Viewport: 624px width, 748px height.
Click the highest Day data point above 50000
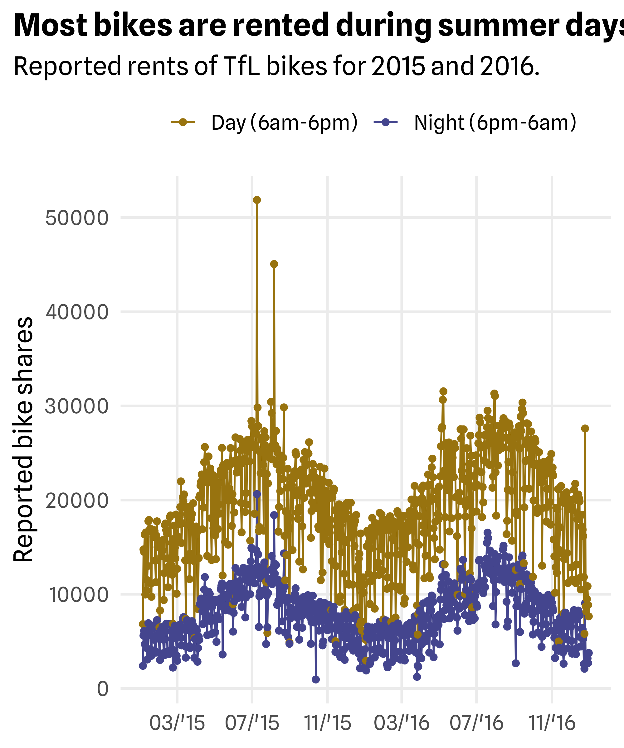click(257, 200)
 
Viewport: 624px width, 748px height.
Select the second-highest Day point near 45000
click(274, 264)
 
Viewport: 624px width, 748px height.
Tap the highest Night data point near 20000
click(257, 494)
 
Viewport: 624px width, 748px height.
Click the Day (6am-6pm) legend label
click(284, 123)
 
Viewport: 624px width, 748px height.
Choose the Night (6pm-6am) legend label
click(495, 123)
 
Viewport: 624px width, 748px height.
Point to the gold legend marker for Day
click(183, 122)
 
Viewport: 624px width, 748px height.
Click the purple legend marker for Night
click(385, 122)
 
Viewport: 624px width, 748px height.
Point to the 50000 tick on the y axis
click(77, 218)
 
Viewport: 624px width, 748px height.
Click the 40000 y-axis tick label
click(77, 312)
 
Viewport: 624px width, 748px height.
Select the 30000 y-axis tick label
click(77, 406)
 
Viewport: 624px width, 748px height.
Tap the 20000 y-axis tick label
click(77, 501)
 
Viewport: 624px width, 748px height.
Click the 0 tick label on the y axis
click(103, 689)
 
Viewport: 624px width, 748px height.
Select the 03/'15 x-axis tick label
click(177, 723)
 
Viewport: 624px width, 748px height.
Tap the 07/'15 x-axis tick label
click(252, 723)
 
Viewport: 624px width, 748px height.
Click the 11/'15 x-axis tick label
click(327, 723)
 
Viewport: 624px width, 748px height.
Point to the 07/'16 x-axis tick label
click(476, 723)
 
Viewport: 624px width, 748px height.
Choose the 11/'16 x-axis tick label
click(552, 723)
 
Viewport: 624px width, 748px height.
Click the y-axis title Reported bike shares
click(23, 439)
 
